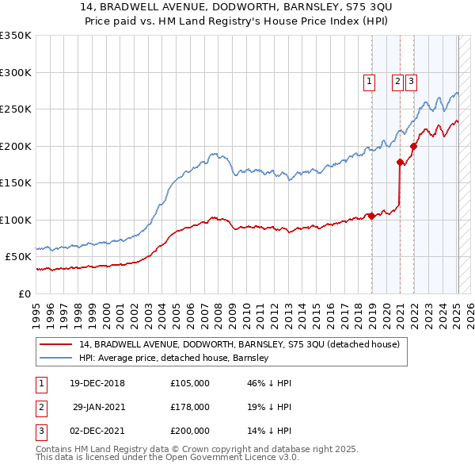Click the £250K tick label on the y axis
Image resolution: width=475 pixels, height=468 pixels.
point(16,109)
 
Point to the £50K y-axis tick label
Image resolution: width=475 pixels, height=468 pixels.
point(18,257)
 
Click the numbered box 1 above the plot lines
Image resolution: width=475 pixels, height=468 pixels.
point(370,80)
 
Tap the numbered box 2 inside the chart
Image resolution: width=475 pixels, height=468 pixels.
point(397,80)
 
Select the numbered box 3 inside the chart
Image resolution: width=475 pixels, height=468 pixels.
point(412,80)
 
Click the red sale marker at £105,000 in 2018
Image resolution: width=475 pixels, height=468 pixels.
point(370,216)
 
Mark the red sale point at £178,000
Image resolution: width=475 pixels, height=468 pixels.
point(400,162)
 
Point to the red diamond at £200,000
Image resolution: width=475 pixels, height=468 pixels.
point(413,146)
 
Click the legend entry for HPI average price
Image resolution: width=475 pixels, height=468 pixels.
point(174,358)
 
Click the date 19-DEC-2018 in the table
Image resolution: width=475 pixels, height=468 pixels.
point(97,383)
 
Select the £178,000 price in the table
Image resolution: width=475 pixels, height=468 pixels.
point(189,407)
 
